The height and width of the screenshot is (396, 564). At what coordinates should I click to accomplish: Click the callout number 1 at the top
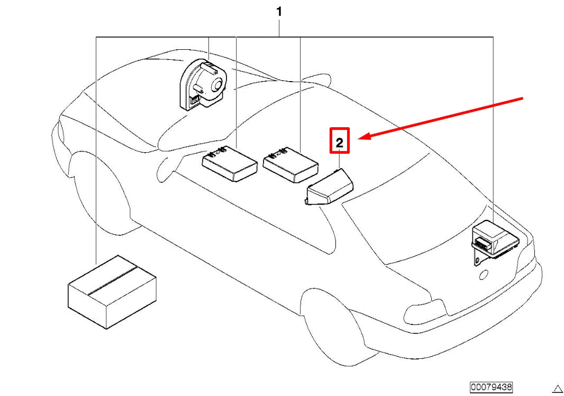[x=279, y=12]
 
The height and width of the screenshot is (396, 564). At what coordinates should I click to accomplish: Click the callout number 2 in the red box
[x=340, y=143]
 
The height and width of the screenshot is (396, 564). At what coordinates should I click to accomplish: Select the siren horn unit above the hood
[x=204, y=85]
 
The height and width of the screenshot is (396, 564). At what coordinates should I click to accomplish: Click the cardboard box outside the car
[x=112, y=292]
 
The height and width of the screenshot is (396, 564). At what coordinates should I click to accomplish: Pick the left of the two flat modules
[x=230, y=163]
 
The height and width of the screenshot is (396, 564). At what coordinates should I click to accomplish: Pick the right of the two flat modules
[x=290, y=164]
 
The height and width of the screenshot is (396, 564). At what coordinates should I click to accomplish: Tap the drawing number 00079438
[x=491, y=388]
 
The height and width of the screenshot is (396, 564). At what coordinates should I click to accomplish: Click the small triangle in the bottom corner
[x=558, y=389]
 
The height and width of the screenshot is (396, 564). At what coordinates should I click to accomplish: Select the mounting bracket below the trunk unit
[x=478, y=258]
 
